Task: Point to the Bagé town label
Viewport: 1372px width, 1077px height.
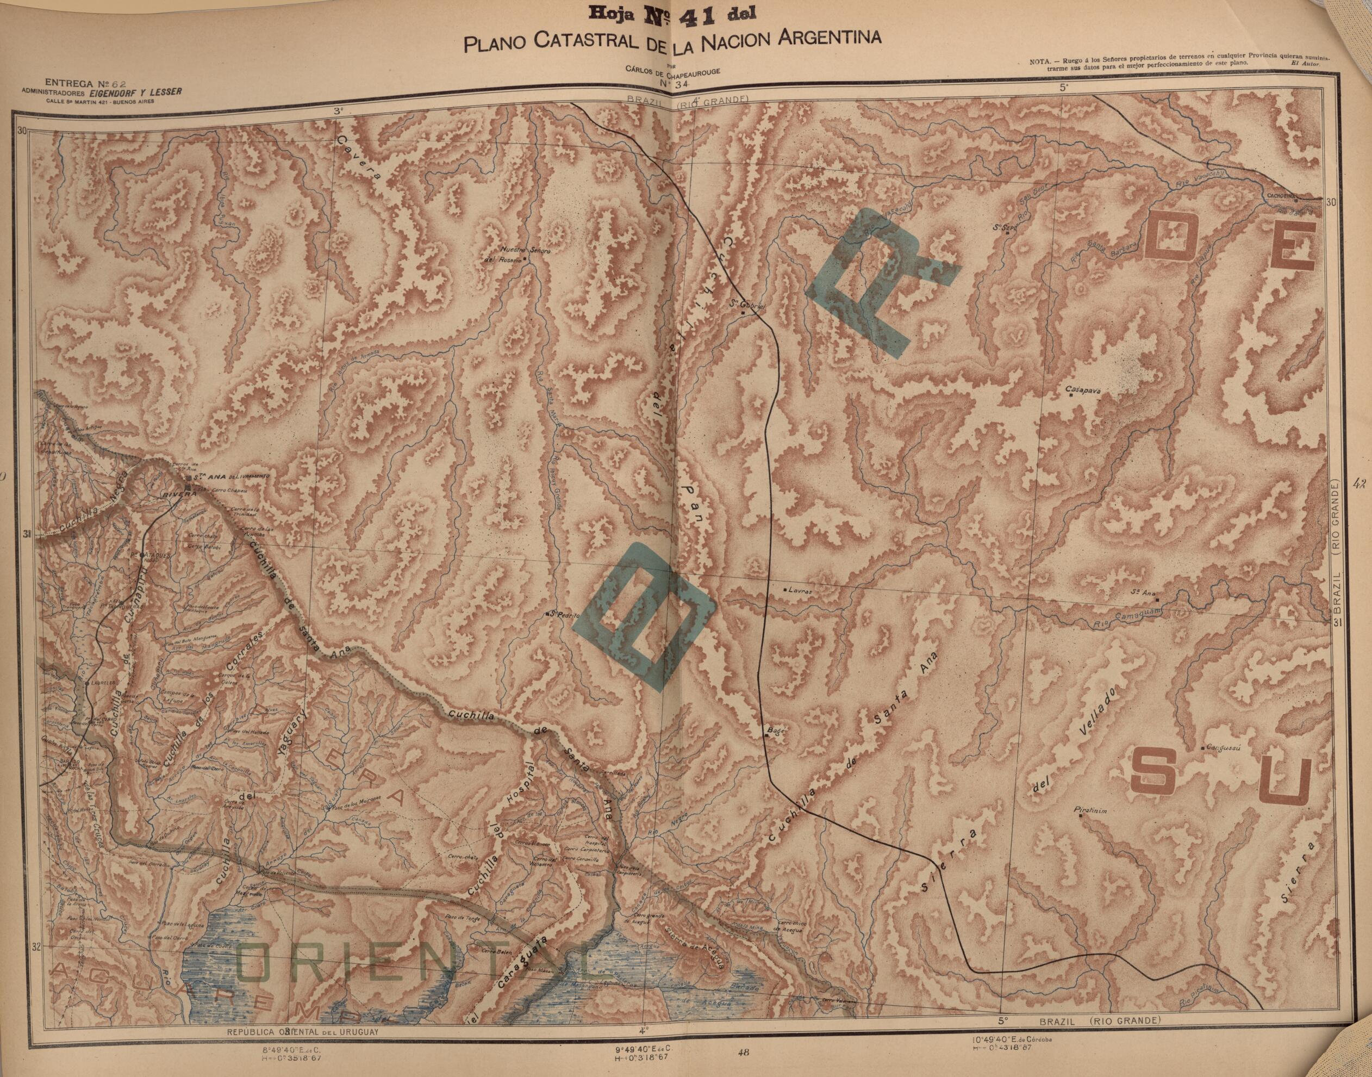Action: [775, 732]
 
